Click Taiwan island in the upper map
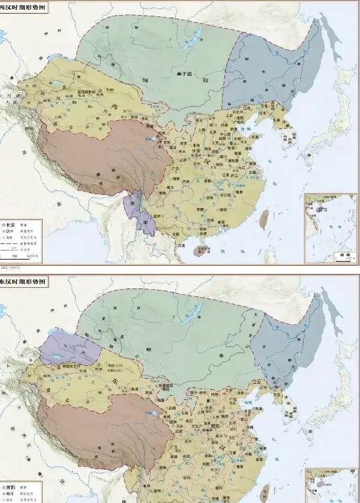[x=264, y=219]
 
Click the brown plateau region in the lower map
[x=98, y=425]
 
